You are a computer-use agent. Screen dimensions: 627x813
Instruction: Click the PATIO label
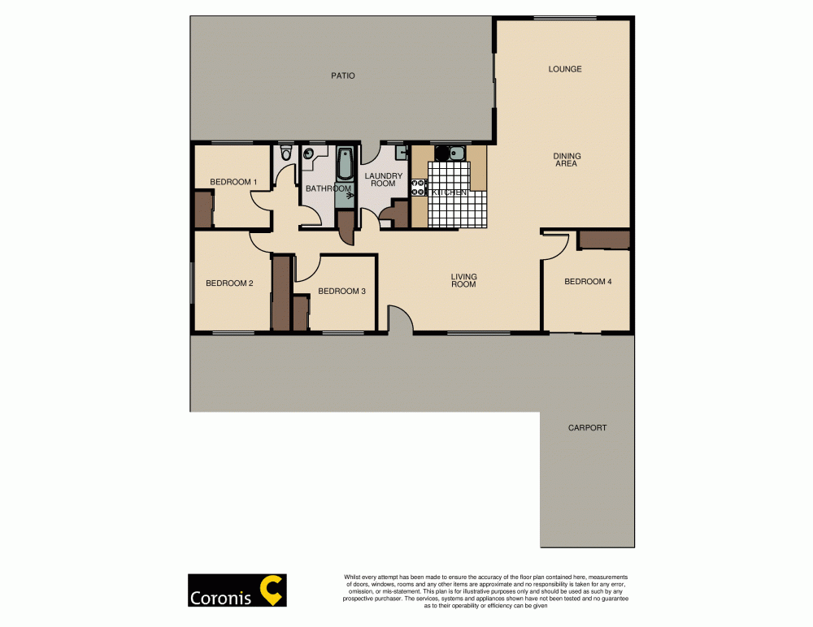(x=342, y=76)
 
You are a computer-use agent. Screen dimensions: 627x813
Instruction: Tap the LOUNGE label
(x=564, y=69)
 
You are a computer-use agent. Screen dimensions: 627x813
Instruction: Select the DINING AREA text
(x=566, y=159)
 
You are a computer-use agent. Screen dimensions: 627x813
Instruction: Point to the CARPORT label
(x=587, y=427)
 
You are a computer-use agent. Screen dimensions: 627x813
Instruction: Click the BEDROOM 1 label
(x=233, y=182)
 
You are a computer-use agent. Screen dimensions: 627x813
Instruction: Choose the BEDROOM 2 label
(x=229, y=283)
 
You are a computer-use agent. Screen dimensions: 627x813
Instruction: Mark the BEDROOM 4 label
(x=588, y=282)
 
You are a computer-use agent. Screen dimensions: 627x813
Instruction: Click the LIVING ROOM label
(x=463, y=281)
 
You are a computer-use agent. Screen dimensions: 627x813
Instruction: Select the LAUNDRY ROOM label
(x=383, y=179)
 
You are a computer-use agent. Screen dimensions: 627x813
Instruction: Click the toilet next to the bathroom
(x=285, y=153)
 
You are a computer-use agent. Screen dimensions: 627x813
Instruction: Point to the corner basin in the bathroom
(x=310, y=154)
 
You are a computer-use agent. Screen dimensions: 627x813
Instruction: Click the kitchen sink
(x=450, y=153)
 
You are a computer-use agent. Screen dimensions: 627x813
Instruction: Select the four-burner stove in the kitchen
(x=420, y=188)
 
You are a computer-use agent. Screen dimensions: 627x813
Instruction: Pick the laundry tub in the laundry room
(x=402, y=152)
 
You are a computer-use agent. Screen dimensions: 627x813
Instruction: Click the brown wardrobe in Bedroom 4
(x=604, y=240)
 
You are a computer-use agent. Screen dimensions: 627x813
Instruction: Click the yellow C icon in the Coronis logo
(x=272, y=590)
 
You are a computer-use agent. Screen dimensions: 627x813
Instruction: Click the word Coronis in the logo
(x=222, y=597)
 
